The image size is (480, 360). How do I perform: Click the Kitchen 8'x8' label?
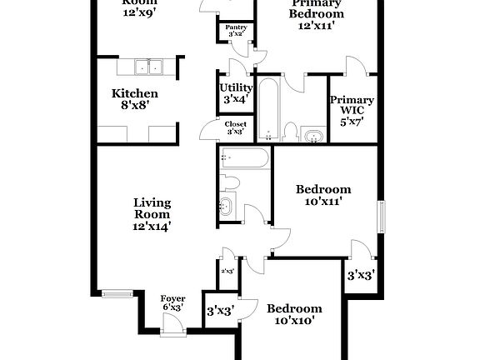pos(135,99)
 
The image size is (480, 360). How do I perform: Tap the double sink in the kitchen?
pos(147,67)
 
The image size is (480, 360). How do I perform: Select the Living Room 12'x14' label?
pos(152,214)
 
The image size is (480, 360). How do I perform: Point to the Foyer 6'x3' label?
pos(172,302)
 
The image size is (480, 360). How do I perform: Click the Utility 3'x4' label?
pos(236,93)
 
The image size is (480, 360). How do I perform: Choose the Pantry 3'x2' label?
pos(235,31)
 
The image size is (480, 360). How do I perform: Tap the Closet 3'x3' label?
pos(235,127)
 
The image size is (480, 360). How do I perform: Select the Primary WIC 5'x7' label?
pos(352,111)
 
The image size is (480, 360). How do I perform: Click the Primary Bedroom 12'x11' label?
pos(317,14)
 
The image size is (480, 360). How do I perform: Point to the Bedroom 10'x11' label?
pos(323,195)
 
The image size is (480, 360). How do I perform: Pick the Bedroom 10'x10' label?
pos(293,314)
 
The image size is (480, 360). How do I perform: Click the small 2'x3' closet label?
pos(227,271)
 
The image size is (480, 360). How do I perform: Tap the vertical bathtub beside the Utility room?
pos(268,108)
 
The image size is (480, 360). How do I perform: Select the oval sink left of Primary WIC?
pos(313,135)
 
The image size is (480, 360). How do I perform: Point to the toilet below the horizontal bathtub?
pos(231,182)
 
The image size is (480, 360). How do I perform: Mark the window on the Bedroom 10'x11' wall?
pos(382,218)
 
